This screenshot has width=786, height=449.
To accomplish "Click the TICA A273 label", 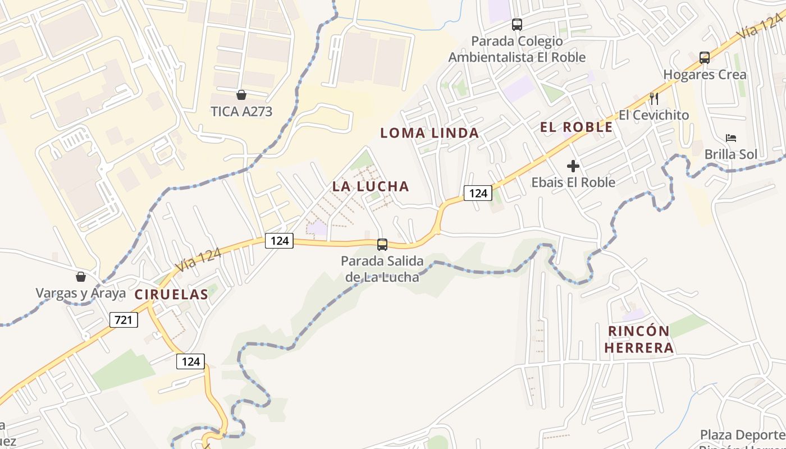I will pos(241,111).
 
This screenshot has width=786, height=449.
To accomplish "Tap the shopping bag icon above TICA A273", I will pos(241,95).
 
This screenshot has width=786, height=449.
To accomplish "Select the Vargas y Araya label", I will pos(81,293).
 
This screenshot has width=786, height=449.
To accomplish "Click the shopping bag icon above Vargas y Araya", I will pos(81,277).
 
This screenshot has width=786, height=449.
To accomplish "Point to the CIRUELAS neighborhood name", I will pos(171,294).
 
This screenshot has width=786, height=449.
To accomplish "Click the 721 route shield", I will pos(124,320).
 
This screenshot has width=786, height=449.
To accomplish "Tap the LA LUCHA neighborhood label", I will pos(371,186).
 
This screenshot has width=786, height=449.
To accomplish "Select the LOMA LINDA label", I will pos(429,133).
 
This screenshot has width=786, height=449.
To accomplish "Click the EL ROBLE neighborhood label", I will pos(577,127).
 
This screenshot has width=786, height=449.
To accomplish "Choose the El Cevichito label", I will pos(654,115).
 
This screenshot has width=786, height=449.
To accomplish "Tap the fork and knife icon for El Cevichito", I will pos(654,99).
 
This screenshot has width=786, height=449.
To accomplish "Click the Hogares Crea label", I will pos(705,75).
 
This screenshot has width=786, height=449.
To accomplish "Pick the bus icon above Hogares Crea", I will pos(705,57).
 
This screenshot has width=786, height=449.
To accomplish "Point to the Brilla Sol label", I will pos(730,154).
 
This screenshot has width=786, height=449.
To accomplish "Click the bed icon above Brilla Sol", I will pos(730,138).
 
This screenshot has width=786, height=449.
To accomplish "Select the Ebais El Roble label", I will pos(573,182).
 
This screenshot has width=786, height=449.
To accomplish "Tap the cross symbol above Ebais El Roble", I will pos(573,166).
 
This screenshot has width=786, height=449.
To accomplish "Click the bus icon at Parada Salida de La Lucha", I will pos(382,244).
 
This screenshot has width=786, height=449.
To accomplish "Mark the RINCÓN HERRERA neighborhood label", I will pos(639,339).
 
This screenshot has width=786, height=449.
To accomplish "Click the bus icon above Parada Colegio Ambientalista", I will pos(517,25).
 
